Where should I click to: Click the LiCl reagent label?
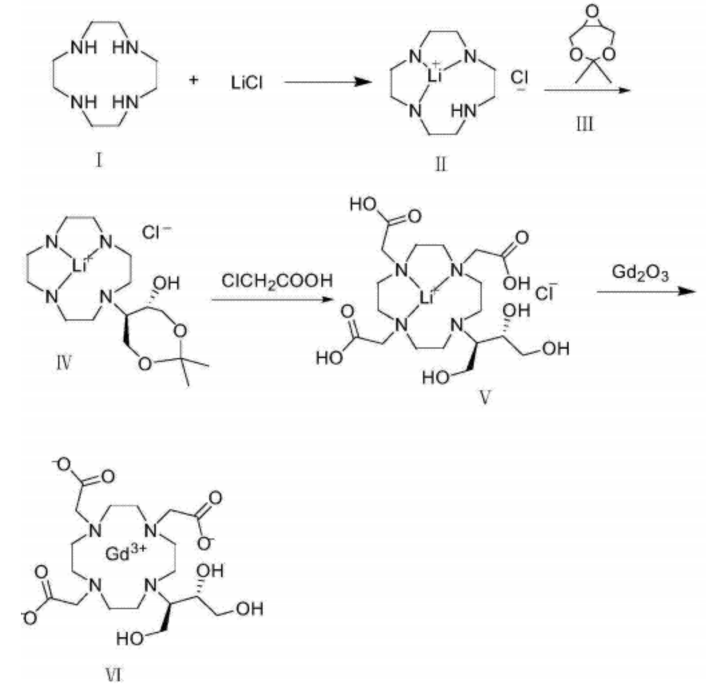pyautogui.click(x=247, y=83)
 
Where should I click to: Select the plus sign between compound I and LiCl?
pyautogui.click(x=194, y=80)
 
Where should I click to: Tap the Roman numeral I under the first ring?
pyautogui.click(x=98, y=160)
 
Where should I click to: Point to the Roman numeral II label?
pyautogui.click(x=440, y=164)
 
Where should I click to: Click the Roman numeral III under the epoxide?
pyautogui.click(x=585, y=124)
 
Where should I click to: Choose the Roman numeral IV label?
pyautogui.click(x=64, y=363)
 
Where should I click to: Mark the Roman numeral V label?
pyautogui.click(x=485, y=397)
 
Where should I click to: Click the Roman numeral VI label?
pyautogui.click(x=113, y=675)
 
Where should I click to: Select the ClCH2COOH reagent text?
pyautogui.click(x=277, y=281)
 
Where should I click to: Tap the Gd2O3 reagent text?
pyautogui.click(x=639, y=273)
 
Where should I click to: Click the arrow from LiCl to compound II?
pyautogui.click(x=328, y=82)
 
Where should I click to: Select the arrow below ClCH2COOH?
pyautogui.click(x=272, y=300)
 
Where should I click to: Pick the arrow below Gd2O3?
pyautogui.click(x=647, y=291)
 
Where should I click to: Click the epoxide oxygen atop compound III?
pyautogui.click(x=593, y=11)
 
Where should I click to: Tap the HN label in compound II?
pyautogui.click(x=464, y=111)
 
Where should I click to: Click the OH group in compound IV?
pyautogui.click(x=166, y=284)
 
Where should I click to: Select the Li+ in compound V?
pyautogui.click(x=427, y=297)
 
